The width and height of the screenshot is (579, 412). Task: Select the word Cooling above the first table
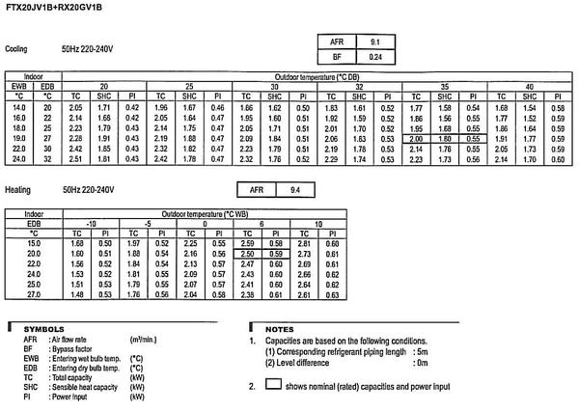point(16,47)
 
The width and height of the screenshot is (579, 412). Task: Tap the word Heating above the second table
point(16,191)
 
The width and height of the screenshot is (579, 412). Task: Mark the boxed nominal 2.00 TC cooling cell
point(416,139)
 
